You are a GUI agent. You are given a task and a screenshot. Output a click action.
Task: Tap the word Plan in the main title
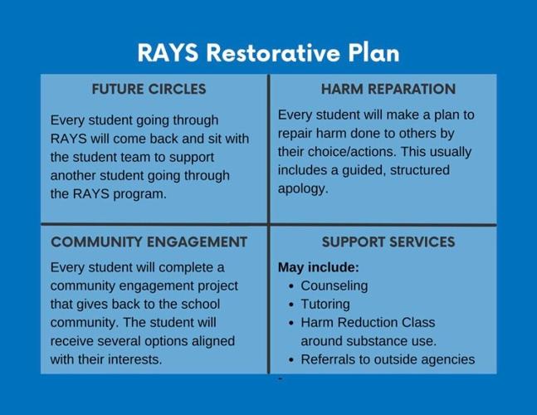click(369, 52)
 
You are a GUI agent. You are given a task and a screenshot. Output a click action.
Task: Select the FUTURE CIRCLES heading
click(149, 89)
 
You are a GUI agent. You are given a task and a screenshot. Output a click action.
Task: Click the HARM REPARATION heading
click(388, 89)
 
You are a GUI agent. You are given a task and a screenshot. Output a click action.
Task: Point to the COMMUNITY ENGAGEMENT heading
click(149, 242)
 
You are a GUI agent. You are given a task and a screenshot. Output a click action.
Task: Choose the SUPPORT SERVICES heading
click(388, 242)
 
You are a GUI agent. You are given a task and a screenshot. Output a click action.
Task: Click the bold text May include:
click(318, 268)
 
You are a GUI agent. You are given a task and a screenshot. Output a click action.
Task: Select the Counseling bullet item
click(334, 286)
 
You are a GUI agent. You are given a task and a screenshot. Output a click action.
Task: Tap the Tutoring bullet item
click(326, 304)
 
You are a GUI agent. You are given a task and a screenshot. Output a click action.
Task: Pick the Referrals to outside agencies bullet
click(387, 359)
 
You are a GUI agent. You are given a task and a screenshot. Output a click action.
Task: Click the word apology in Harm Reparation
click(302, 188)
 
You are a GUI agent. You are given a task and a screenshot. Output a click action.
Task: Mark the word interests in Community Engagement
click(134, 359)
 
